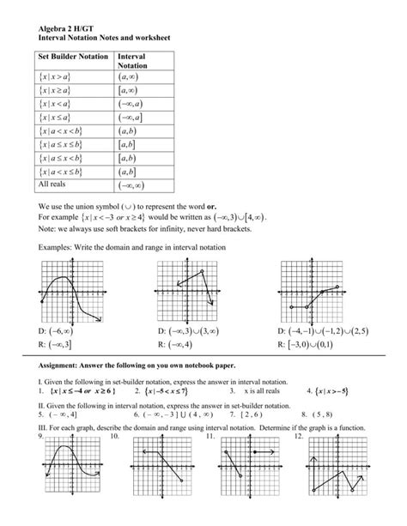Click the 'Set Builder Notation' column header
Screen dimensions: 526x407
click(73, 57)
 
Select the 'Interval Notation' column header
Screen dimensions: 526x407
click(131, 61)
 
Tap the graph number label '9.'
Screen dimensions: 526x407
click(41, 437)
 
